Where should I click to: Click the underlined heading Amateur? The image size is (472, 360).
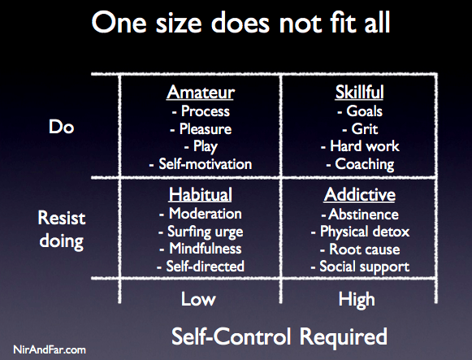click(x=201, y=92)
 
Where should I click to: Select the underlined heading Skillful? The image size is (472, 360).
click(x=359, y=92)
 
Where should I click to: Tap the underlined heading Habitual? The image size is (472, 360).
click(x=201, y=194)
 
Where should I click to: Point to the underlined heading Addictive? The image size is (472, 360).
click(x=360, y=194)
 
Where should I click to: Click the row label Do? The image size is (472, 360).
click(x=62, y=127)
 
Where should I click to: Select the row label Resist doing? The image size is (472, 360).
click(x=62, y=230)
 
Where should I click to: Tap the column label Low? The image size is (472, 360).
click(x=198, y=299)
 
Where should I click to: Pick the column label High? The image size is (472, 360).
click(x=357, y=300)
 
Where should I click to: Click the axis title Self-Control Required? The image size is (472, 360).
click(x=279, y=336)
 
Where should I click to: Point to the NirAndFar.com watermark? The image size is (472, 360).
click(x=50, y=349)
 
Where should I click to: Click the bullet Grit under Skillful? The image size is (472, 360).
click(x=360, y=129)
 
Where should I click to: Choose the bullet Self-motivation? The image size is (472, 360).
click(x=201, y=164)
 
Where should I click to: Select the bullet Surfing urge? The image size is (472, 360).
click(x=201, y=232)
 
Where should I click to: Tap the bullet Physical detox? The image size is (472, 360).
click(x=360, y=232)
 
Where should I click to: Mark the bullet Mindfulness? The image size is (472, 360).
click(x=201, y=249)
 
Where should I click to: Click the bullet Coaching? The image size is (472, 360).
click(x=360, y=165)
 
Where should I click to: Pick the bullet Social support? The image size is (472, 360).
click(x=360, y=267)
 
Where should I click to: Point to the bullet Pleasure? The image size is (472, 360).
click(x=201, y=129)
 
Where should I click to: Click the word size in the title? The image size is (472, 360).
click(x=179, y=24)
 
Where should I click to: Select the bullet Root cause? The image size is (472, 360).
click(x=360, y=249)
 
